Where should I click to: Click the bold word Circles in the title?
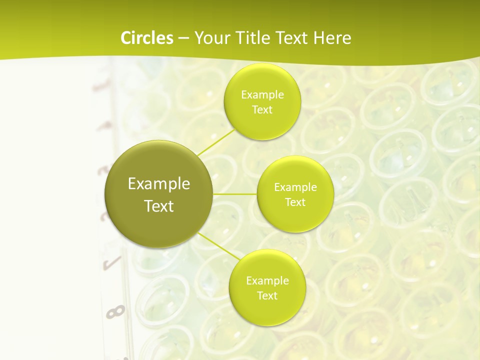(146, 38)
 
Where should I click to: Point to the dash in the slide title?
(183, 38)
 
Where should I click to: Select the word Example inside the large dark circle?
(159, 184)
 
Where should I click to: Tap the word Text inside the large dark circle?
(159, 206)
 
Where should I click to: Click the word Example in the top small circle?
(262, 95)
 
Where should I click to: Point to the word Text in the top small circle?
(262, 110)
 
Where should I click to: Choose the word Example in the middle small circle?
(295, 187)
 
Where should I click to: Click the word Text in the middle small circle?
(295, 202)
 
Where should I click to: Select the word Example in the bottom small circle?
(267, 281)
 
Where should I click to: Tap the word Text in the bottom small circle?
(267, 296)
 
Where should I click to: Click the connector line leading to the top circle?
(216, 141)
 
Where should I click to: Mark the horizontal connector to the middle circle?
(235, 194)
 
